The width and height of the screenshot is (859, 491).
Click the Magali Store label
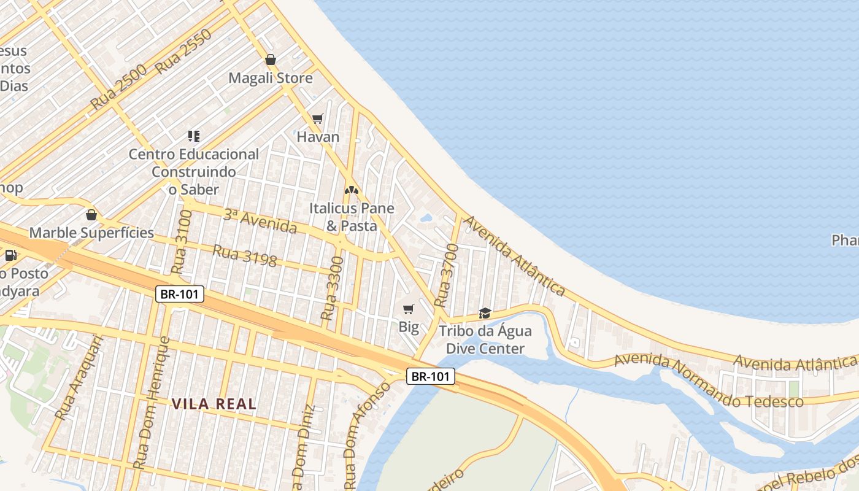pyautogui.click(x=271, y=78)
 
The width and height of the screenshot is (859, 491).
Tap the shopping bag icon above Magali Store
pyautogui.click(x=271, y=60)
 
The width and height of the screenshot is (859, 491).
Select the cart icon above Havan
pyautogui.click(x=317, y=118)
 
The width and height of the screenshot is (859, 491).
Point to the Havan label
pyautogui.click(x=318, y=137)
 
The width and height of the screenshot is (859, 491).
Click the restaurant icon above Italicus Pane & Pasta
pyautogui.click(x=352, y=190)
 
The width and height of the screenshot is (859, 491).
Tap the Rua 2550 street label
pyautogui.click(x=183, y=52)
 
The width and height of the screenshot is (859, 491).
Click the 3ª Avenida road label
pyautogui.click(x=260, y=222)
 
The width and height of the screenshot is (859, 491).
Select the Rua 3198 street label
pyautogui.click(x=244, y=255)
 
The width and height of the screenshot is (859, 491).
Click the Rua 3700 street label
pyautogui.click(x=446, y=276)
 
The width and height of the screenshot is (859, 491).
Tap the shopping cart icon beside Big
pyautogui.click(x=409, y=309)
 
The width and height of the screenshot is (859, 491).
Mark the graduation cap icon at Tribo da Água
pyautogui.click(x=485, y=314)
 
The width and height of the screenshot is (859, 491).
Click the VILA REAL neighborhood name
pyautogui.click(x=214, y=404)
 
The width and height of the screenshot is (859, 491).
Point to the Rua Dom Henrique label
pyautogui.click(x=151, y=403)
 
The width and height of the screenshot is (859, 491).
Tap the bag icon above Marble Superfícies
pyautogui.click(x=91, y=215)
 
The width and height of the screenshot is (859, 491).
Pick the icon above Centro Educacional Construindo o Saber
pyautogui.click(x=194, y=136)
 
